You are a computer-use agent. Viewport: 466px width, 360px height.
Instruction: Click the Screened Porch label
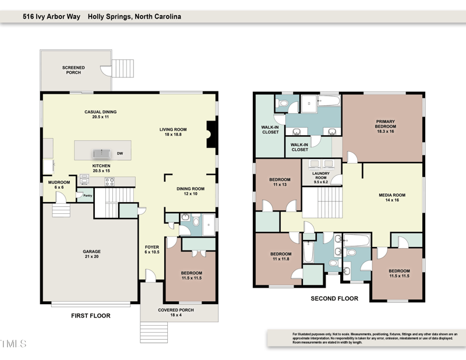(73, 70)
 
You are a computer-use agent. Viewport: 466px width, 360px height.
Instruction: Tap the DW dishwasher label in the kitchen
(119, 154)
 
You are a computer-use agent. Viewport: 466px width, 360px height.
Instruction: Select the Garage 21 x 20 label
(91, 255)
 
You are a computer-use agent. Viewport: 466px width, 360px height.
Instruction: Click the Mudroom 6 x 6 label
(59, 185)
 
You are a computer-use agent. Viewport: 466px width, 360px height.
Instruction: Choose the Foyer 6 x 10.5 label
(151, 250)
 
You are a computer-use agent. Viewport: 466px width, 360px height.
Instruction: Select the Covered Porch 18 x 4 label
(176, 313)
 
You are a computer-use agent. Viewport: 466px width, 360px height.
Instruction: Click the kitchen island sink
(101, 154)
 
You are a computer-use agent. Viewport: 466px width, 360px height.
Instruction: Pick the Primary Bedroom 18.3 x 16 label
(385, 126)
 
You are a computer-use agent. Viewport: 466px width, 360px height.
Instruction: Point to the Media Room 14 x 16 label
(391, 197)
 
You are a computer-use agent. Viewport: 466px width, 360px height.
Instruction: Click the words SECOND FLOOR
(334, 298)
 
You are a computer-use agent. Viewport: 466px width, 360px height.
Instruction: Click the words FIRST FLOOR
(91, 316)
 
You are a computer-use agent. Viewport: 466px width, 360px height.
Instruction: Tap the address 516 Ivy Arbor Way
(52, 17)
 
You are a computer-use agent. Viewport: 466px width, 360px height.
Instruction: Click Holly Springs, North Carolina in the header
(135, 17)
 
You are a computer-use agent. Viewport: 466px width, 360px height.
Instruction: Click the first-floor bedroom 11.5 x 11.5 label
(192, 276)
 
